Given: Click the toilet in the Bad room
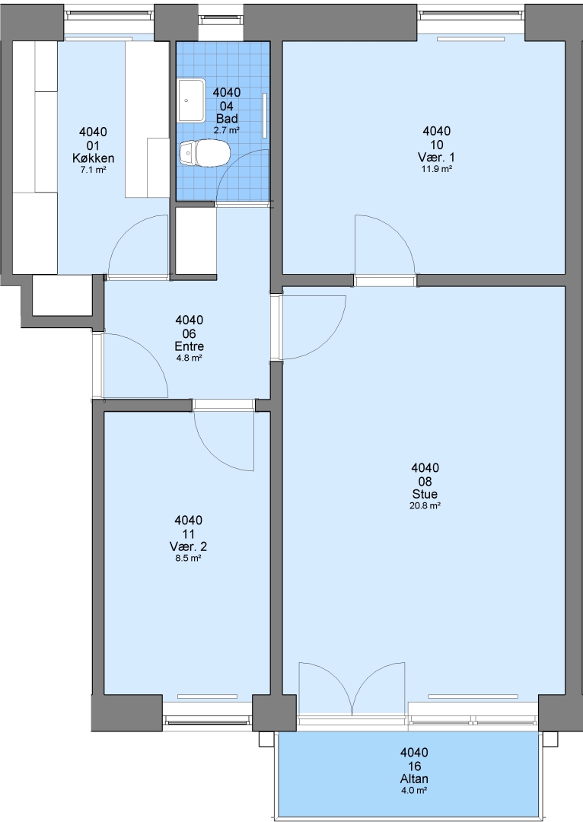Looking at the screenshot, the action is click(205, 153).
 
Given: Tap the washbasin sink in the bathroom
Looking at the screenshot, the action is click(191, 100).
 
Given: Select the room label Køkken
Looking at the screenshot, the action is click(94, 158).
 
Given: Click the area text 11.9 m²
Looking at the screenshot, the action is click(437, 169).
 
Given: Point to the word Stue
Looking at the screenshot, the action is click(425, 494).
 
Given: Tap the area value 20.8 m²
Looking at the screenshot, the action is click(425, 506).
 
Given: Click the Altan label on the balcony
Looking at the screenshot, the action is click(414, 779).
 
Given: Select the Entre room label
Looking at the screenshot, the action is click(190, 346).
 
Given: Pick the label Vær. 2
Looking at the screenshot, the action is click(188, 546).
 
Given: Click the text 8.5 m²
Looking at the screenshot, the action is click(188, 559).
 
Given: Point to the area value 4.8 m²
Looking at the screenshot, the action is click(190, 358).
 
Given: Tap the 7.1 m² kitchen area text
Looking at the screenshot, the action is click(94, 170).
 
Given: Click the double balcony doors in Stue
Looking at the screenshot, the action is click(352, 688).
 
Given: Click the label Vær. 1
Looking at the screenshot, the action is click(437, 158).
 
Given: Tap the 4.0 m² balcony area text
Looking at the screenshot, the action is click(414, 791).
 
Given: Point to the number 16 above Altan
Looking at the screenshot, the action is click(414, 766).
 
